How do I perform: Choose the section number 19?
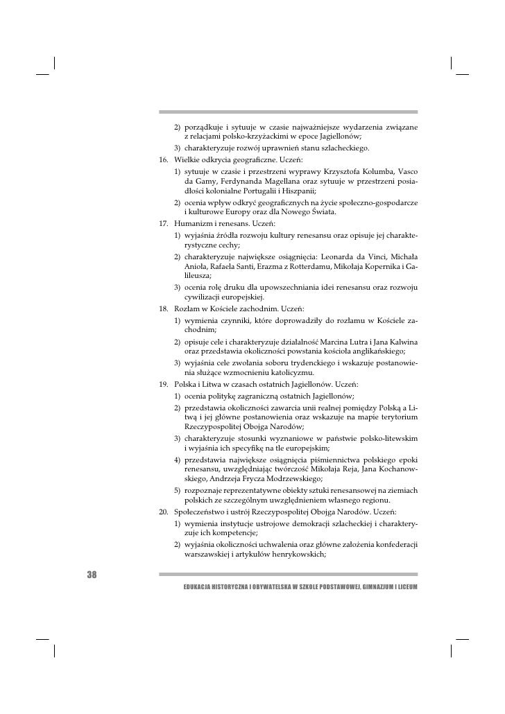tap(164, 384)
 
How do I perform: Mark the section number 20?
tap(164, 511)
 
